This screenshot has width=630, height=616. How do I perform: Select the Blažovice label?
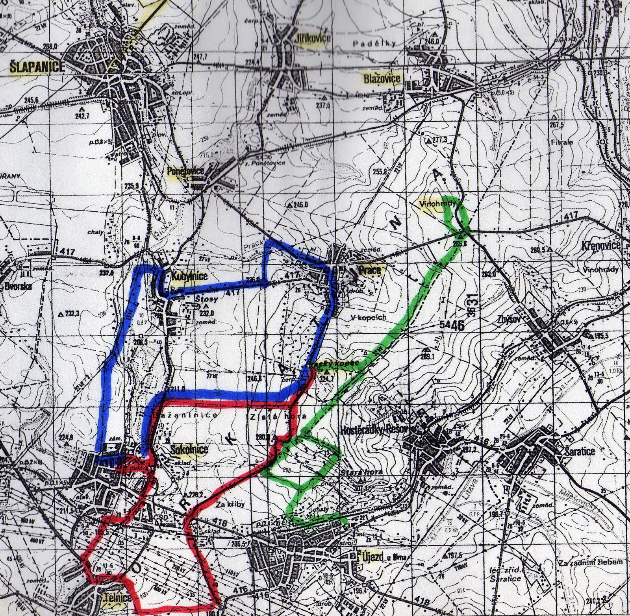click(382, 79)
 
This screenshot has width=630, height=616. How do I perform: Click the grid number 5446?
click(447, 325)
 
